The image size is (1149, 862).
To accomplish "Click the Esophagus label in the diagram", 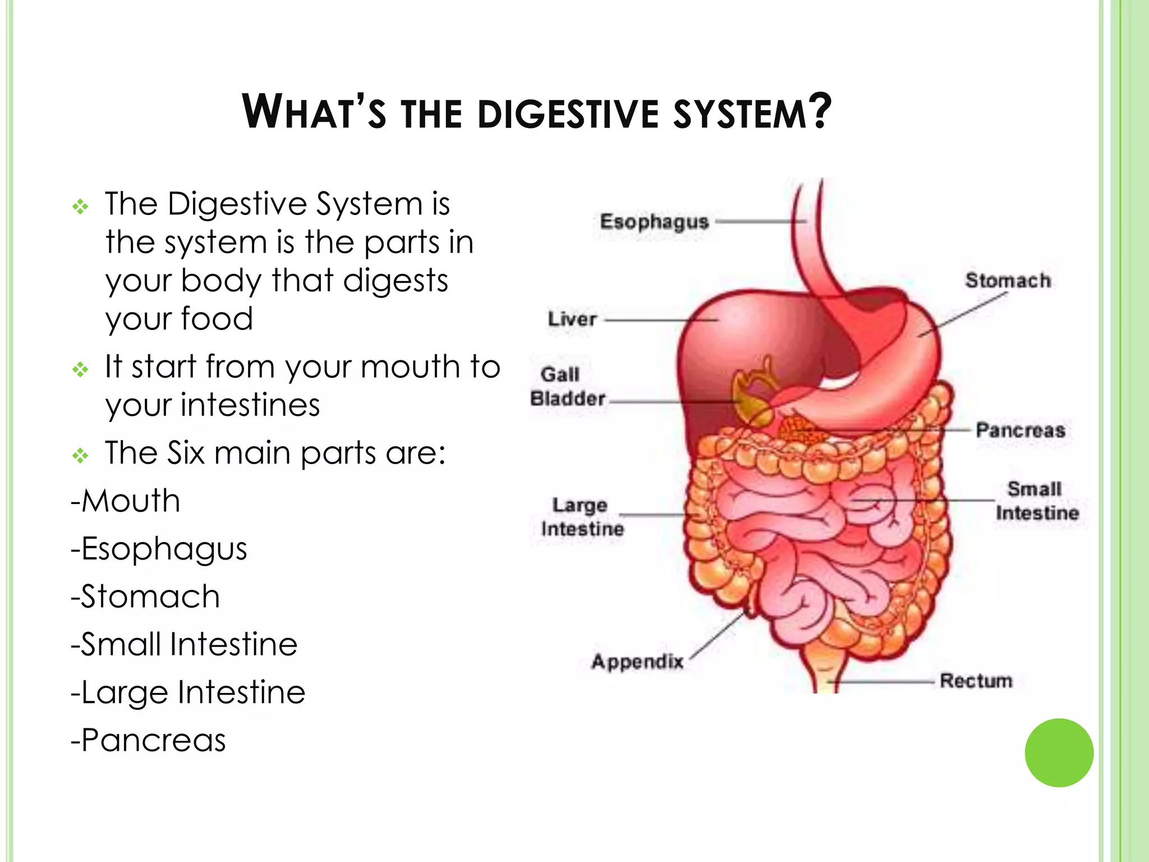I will [x=654, y=222].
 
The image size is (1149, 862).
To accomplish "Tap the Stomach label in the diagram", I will [x=1008, y=281].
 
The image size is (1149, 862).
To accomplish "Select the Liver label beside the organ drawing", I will [x=572, y=319].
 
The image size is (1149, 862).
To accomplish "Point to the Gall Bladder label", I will [x=567, y=386].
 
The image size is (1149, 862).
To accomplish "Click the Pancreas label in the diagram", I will [x=1020, y=430].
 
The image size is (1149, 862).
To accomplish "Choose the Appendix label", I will [x=637, y=662].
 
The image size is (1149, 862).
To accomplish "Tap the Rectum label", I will [x=976, y=681].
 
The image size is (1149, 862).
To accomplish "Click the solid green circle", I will [x=1059, y=753].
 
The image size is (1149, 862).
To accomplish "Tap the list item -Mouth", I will [x=126, y=501].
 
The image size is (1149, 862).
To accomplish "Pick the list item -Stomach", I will [x=145, y=597].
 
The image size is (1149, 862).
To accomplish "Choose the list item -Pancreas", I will [x=148, y=740].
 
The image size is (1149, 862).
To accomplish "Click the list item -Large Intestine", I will [x=188, y=692].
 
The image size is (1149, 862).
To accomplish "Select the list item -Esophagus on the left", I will [x=159, y=549].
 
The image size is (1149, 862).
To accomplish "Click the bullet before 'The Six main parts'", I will [x=81, y=455].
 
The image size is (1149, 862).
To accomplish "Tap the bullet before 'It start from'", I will [x=81, y=369].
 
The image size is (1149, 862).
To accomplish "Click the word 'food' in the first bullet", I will [x=217, y=319].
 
